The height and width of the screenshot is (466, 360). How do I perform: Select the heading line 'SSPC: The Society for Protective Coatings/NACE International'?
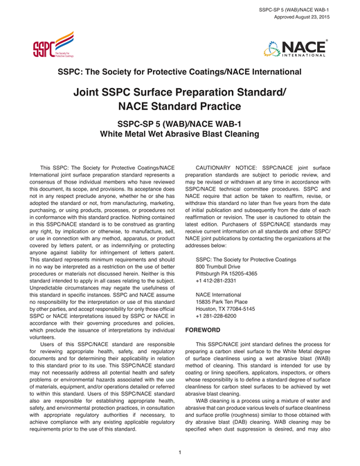tap(179, 71)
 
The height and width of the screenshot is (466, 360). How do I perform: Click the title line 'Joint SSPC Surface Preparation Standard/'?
tap(179, 92)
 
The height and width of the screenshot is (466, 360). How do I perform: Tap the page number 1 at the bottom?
tap(179, 433)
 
